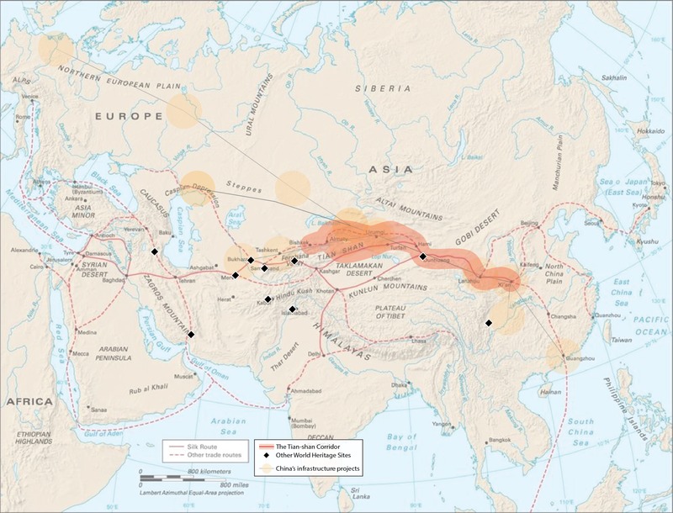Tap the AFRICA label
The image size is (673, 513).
coord(29,401)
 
